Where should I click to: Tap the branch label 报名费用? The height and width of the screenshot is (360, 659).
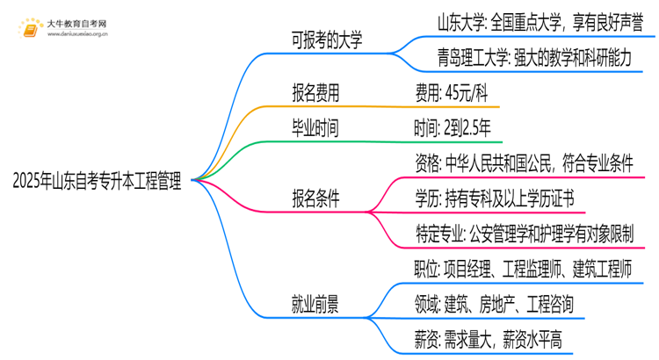(315, 92)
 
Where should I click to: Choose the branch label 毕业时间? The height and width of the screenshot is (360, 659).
(315, 128)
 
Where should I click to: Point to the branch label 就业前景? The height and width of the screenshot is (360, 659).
(315, 305)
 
